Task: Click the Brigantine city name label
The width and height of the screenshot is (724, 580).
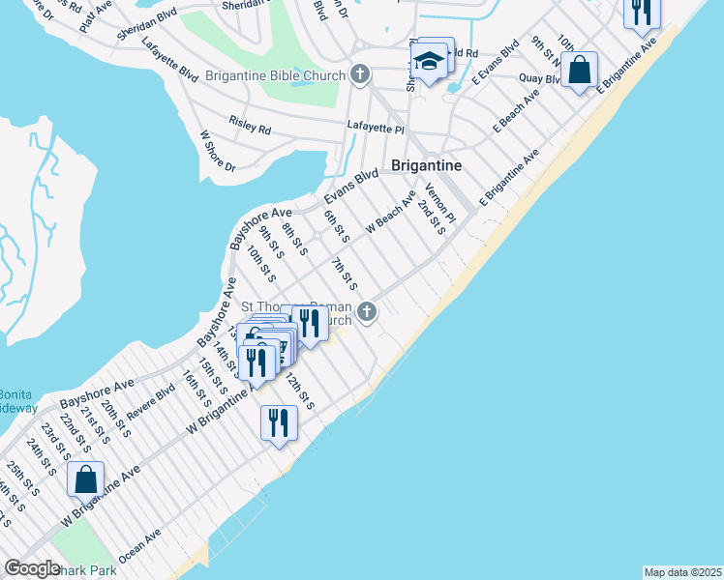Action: pyautogui.click(x=426, y=165)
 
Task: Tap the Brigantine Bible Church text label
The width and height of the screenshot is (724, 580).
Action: pyautogui.click(x=284, y=75)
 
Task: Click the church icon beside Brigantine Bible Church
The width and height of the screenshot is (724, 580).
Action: pyautogui.click(x=360, y=73)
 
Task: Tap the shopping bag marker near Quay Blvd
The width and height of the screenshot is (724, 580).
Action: pyautogui.click(x=579, y=71)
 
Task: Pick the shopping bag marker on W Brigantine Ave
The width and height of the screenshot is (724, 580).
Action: pyautogui.click(x=86, y=479)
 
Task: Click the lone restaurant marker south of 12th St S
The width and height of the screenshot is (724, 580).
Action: pyautogui.click(x=278, y=422)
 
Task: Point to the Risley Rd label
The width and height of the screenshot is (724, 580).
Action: pyautogui.click(x=250, y=125)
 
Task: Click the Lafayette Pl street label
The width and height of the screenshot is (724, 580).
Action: pyautogui.click(x=376, y=128)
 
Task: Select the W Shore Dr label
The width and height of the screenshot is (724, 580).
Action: pyautogui.click(x=217, y=153)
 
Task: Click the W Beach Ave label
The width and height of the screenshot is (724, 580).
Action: pyautogui.click(x=390, y=212)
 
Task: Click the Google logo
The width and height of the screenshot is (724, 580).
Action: pyautogui.click(x=32, y=568)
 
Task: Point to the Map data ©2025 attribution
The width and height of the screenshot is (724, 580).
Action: pyautogui.click(x=682, y=572)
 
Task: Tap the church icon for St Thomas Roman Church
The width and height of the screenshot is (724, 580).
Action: pyautogui.click(x=366, y=311)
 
